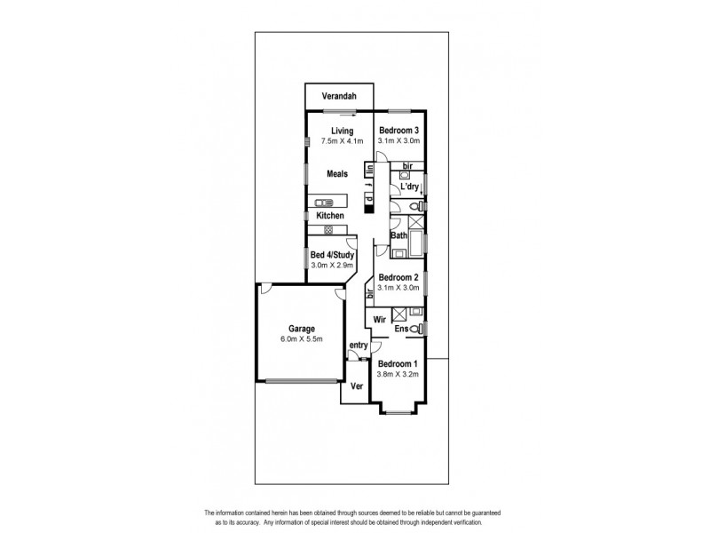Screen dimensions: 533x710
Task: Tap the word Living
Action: [330, 131]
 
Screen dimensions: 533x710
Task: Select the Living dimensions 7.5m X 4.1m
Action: [330, 141]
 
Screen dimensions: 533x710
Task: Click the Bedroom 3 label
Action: [398, 131]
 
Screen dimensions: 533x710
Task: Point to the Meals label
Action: [336, 174]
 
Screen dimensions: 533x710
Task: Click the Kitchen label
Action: [331, 216]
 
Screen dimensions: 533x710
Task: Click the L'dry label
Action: [408, 187]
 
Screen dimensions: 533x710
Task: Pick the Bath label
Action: [398, 236]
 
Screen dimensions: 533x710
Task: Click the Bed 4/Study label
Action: [332, 256]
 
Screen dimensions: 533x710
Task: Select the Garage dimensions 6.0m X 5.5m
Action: [301, 339]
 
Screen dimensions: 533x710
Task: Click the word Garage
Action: [301, 329]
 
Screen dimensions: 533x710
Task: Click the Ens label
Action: [401, 330]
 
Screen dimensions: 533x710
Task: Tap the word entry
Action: [359, 345]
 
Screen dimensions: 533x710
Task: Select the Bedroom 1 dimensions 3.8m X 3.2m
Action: [398, 374]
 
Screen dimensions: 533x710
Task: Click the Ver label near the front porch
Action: [356, 386]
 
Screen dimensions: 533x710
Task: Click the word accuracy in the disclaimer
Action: [251, 521]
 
